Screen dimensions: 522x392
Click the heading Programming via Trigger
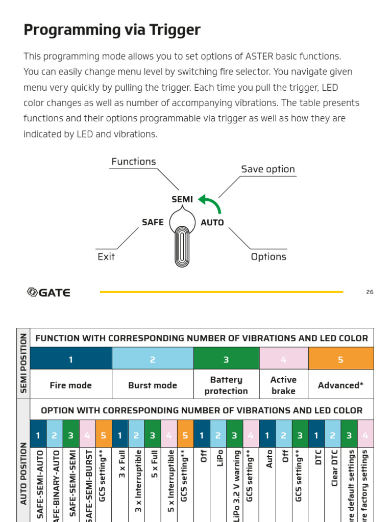coord(112,30)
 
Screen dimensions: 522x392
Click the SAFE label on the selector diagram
coord(153,222)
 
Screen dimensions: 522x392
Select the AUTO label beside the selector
coord(212,223)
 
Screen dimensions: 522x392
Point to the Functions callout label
coord(134,162)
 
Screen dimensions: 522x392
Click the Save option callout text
coord(267,169)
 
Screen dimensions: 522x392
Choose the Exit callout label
coord(106,256)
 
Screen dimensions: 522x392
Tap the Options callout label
coord(268,256)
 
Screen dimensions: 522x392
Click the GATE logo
coord(48,292)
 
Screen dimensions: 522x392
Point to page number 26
coord(370,292)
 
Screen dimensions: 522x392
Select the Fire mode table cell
coord(71,385)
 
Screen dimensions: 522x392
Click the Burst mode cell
coord(153,385)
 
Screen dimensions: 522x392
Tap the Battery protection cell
coord(226,385)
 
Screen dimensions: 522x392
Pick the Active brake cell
coord(283,385)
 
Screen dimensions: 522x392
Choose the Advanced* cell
coord(340,385)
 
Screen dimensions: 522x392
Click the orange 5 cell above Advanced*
coord(340,359)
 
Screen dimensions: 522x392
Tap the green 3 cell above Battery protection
coord(226,359)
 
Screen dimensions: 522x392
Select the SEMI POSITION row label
coord(23,363)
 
